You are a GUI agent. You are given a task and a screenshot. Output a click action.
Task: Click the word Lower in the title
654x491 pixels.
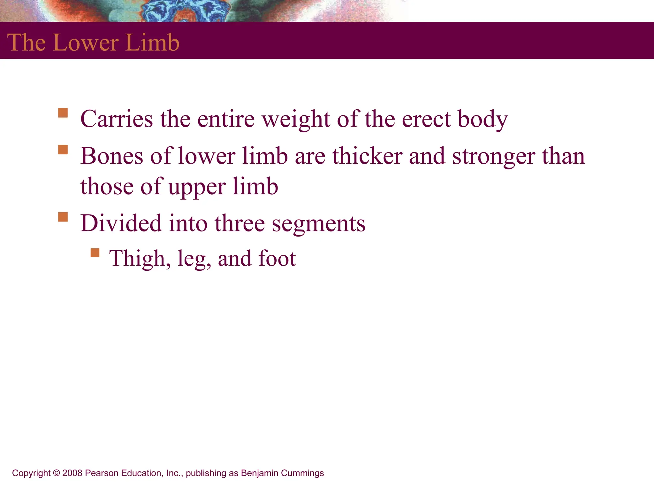[x=86, y=43]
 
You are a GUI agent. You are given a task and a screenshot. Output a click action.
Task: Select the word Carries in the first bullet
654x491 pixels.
[x=117, y=119]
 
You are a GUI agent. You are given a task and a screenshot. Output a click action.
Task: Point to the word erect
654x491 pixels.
[x=426, y=119]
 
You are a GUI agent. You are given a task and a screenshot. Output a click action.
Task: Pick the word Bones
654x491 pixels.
[x=112, y=156]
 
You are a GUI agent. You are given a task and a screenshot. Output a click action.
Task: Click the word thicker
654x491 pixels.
[x=367, y=156]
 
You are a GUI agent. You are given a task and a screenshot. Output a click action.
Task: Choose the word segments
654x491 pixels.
[x=318, y=224]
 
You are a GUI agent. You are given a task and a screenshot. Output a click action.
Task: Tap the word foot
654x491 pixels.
[x=277, y=258]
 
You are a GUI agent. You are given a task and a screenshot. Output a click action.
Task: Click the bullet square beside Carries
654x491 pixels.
[x=63, y=113]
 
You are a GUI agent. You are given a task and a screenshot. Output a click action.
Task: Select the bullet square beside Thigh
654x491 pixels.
[x=95, y=253]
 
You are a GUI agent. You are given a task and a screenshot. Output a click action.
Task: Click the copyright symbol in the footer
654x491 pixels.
[x=57, y=473]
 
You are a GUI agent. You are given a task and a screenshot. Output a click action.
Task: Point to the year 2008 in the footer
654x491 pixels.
[x=72, y=473]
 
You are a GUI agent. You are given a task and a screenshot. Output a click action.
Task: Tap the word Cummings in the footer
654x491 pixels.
[x=302, y=473]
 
